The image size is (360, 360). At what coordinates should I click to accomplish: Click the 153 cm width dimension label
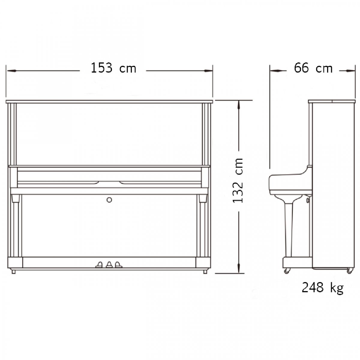[x=113, y=68]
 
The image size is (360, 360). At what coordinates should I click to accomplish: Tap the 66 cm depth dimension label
[x=313, y=68]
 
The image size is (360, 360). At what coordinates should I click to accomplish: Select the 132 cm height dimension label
[x=238, y=181]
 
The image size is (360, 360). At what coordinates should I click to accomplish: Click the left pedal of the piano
[x=99, y=265]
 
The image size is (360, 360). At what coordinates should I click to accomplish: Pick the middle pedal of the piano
[x=109, y=265]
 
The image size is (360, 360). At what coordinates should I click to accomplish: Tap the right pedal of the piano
[x=118, y=265]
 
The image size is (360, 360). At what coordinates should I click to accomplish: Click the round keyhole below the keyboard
[x=109, y=200]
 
